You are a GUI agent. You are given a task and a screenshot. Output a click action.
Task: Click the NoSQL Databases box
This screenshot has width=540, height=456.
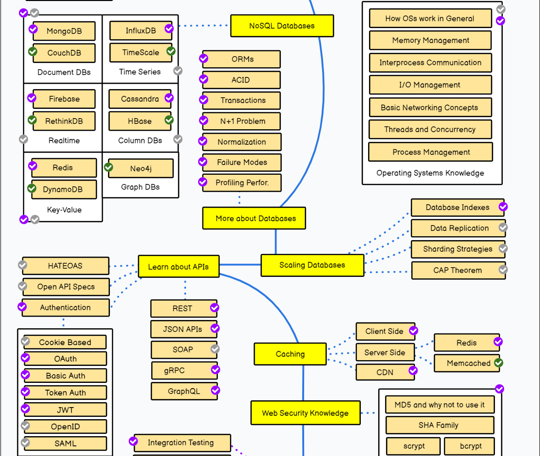[282, 26]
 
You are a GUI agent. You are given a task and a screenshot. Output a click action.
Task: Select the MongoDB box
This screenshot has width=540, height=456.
[64, 31]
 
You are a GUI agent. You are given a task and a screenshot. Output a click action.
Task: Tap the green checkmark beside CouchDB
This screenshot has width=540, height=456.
[33, 52]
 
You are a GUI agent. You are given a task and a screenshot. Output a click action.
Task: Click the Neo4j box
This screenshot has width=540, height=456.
[141, 168]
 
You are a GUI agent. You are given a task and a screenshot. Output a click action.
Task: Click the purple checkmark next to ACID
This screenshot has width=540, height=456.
[203, 79]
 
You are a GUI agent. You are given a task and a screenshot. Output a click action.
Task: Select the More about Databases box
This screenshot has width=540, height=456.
[254, 218]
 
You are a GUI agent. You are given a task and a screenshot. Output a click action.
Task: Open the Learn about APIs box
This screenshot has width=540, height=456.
[178, 266]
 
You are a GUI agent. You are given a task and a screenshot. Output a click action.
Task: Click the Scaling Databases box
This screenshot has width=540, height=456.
[312, 265]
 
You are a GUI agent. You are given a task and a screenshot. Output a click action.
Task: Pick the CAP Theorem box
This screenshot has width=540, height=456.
[458, 270]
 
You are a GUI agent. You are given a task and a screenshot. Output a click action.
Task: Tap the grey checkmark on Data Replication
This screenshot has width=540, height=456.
[503, 228]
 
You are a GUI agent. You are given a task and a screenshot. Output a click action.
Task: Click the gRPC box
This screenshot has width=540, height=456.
[184, 370]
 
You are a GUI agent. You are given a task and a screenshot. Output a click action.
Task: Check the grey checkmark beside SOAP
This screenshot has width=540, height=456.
[215, 349]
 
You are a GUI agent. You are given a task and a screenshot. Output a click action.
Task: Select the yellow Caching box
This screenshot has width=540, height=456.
[290, 354]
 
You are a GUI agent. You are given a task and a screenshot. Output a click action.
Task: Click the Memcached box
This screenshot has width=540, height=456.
[467, 363]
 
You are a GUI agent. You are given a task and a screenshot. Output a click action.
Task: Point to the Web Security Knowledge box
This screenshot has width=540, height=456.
[306, 412]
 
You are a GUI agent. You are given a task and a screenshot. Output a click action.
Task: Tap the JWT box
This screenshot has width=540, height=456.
[65, 410]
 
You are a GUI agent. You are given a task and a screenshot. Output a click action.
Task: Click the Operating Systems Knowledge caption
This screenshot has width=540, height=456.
[430, 173]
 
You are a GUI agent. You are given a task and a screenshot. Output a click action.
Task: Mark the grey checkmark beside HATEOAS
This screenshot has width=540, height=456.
[22, 265]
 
